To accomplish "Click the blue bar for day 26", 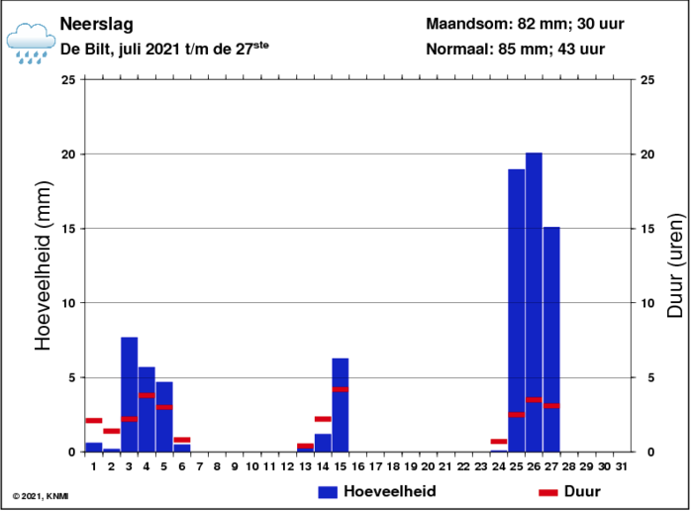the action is [534, 302].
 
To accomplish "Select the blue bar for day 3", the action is [129, 394].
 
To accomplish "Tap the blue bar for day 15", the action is [341, 405].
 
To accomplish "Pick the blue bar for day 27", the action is [551, 340].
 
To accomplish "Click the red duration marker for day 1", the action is [94, 420].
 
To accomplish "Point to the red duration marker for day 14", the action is [323, 419].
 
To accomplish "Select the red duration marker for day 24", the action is [498, 441].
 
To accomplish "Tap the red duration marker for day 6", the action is [182, 440].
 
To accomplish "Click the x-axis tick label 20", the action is [428, 466].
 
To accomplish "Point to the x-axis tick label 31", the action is [622, 466].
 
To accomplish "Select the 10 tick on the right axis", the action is [647, 303].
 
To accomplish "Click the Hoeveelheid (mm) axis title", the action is [44, 265].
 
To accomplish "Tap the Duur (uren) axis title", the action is [675, 265].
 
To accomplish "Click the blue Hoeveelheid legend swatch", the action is [328, 492].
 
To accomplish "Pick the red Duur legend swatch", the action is [548, 492].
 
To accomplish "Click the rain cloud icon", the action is [31, 44].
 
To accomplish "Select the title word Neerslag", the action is [96, 24].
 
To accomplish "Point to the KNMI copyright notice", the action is [41, 496].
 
